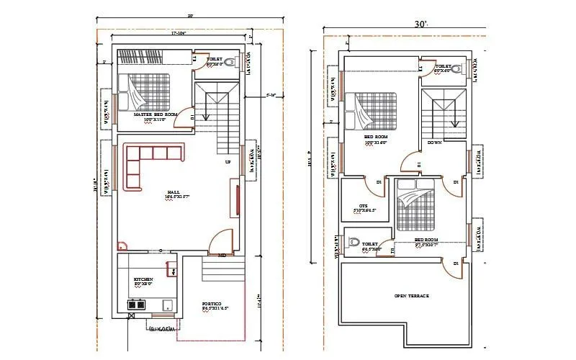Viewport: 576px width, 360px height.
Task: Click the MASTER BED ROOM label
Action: click(x=150, y=114)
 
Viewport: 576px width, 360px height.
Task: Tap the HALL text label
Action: click(x=174, y=192)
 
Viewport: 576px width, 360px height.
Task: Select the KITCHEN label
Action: click(x=143, y=279)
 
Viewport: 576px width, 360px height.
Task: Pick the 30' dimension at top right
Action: click(x=421, y=24)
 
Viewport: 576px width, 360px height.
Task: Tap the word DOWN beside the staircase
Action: click(x=434, y=143)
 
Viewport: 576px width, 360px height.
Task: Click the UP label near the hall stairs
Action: click(x=228, y=161)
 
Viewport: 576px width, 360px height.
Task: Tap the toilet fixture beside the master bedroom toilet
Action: click(x=230, y=62)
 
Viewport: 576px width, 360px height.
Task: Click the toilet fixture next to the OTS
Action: click(x=352, y=243)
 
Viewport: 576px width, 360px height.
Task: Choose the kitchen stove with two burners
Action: click(x=135, y=305)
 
